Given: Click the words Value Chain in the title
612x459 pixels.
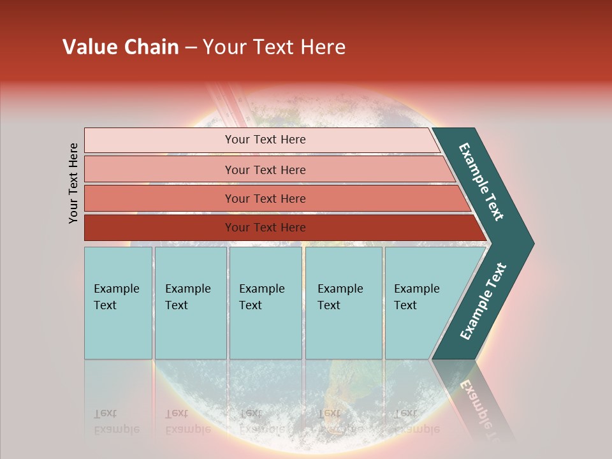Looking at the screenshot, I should coord(120,47).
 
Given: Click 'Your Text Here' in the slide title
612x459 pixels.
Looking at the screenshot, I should coord(274,47).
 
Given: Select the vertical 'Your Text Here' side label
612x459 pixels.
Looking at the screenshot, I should coord(73,183).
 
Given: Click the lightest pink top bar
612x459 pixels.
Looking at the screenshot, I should coord(159,140).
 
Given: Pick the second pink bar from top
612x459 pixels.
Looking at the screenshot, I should coord(159,170).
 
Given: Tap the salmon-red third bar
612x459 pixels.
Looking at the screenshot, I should coord(159,199).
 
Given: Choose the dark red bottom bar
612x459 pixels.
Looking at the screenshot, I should coord(159,228).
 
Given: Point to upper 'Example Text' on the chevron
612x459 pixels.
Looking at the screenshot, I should coord(481,182).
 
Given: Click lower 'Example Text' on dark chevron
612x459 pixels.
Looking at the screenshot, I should coord(483,302).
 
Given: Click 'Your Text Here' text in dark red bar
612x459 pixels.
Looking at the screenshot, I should coord(265,228).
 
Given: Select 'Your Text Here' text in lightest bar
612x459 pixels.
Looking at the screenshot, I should coord(265,140).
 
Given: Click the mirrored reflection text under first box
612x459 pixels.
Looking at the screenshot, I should coord(116,421).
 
